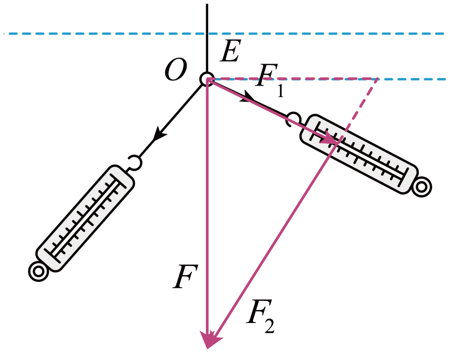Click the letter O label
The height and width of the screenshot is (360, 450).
pos(176,70)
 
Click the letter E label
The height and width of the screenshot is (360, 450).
pos(230,52)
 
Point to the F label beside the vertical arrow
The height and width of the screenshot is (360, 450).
pos(185,277)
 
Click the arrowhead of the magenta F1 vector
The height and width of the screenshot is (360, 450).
pos(331,138)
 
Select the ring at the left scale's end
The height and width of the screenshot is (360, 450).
pos(38,271)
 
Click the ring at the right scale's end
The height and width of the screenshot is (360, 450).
pos(421,187)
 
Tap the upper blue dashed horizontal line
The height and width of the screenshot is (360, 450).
pos(106,34)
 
